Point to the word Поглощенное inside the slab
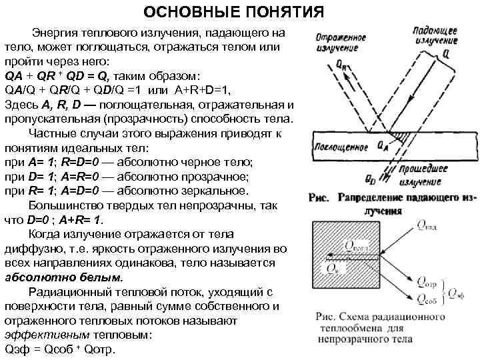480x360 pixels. coord(340,144)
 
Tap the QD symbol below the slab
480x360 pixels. coord(371,179)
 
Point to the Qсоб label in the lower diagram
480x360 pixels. coord(427,297)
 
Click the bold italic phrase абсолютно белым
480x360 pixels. coord(64,277)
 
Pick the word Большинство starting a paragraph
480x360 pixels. coord(65,205)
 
